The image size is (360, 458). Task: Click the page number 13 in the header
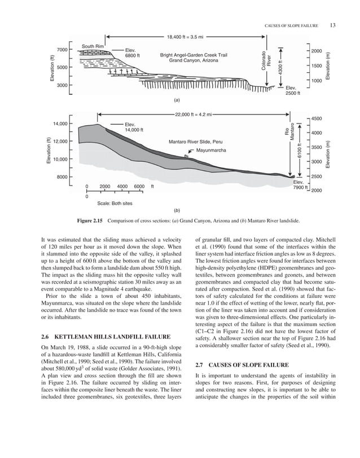click(333, 25)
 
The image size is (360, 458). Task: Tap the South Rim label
click(93, 46)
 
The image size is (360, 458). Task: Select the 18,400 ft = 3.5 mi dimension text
click(186, 37)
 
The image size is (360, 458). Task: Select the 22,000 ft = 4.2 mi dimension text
click(194, 114)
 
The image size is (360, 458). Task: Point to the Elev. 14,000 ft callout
click(134, 127)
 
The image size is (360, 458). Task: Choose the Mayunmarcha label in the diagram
click(211, 151)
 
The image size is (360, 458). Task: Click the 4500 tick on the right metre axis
click(317, 119)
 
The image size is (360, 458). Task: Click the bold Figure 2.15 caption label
click(93, 221)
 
